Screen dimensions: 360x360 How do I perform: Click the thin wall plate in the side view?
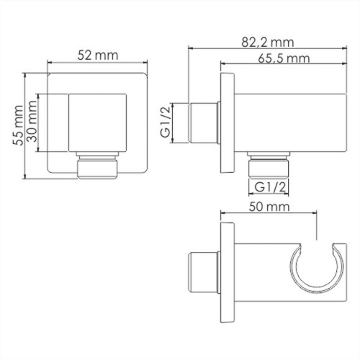226,122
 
